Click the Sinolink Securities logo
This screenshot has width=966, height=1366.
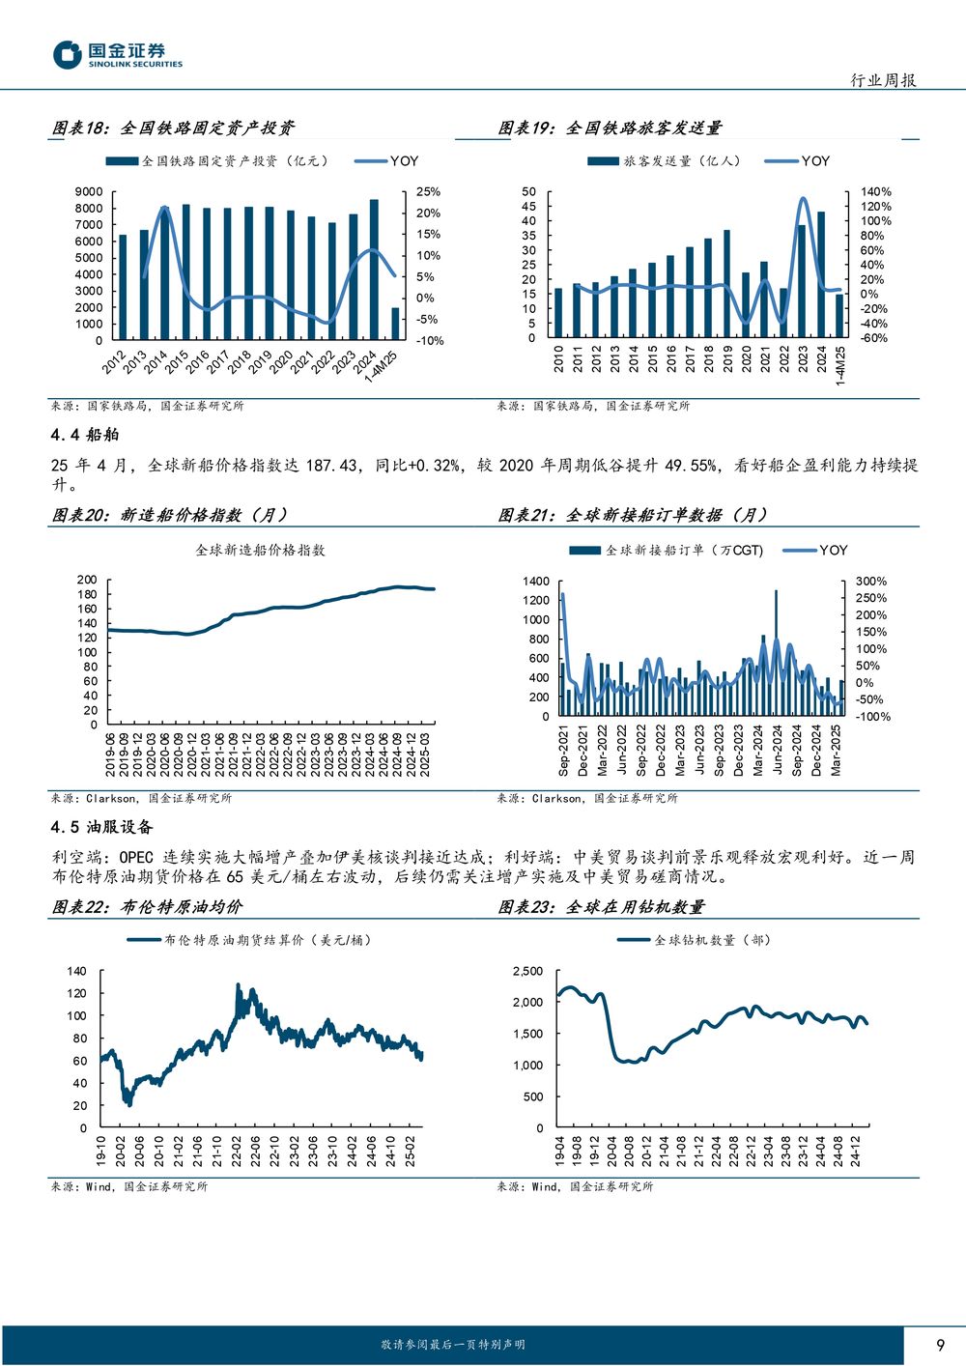click(118, 54)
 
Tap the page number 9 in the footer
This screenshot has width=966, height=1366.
click(940, 1345)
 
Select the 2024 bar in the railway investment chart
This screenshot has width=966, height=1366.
click(374, 270)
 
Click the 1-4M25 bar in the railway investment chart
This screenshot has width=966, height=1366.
click(395, 324)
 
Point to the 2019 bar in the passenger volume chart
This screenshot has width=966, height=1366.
click(727, 284)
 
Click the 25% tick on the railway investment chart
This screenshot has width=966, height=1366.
click(428, 192)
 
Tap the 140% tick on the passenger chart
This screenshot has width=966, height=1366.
click(876, 191)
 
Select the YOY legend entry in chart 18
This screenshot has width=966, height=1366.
click(386, 161)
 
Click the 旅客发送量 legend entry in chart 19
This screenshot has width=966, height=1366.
click(665, 161)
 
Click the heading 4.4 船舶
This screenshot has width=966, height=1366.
click(85, 435)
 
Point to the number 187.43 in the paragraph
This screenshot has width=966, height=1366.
click(331, 466)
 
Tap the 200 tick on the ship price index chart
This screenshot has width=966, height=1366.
click(87, 580)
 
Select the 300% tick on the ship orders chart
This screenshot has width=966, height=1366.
click(871, 582)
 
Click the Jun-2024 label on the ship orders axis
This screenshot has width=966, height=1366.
click(778, 750)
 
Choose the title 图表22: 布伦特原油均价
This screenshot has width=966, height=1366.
click(147, 907)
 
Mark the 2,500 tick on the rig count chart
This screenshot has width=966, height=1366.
click(527, 971)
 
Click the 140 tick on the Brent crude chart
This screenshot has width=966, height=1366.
click(77, 971)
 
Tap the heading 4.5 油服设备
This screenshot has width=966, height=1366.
click(101, 827)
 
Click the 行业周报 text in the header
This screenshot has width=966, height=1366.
click(883, 80)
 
